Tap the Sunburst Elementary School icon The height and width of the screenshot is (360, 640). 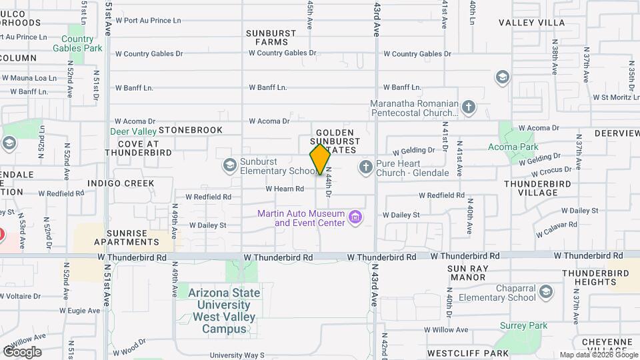pyautogui.click(x=230, y=165)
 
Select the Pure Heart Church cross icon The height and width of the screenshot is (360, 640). pyautogui.click(x=365, y=166)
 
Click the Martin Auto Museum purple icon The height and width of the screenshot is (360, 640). pyautogui.click(x=356, y=217)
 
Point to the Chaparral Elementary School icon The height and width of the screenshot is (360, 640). pyautogui.click(x=546, y=292)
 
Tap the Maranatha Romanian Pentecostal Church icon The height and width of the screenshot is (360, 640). pyautogui.click(x=469, y=107)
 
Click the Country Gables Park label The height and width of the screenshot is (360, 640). pyautogui.click(x=77, y=43)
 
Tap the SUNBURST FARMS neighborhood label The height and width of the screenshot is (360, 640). pyautogui.click(x=267, y=37)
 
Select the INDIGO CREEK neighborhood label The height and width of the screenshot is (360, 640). pyautogui.click(x=121, y=183)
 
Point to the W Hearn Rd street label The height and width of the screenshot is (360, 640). pyautogui.click(x=285, y=189)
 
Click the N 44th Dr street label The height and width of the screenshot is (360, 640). pyautogui.click(x=329, y=181)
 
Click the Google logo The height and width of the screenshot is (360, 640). pyautogui.click(x=21, y=351)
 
